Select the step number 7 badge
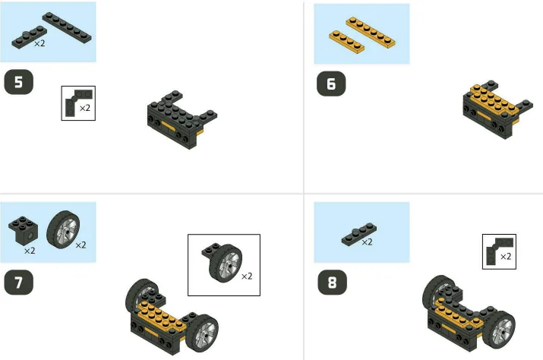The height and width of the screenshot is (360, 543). (19, 282)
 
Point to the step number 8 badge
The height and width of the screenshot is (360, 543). (331, 282)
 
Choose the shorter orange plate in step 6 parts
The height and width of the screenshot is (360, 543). (346, 41)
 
